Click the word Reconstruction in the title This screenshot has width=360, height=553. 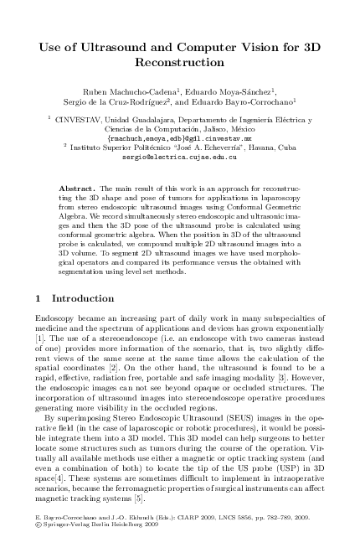pyautogui.click(x=181, y=62)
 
